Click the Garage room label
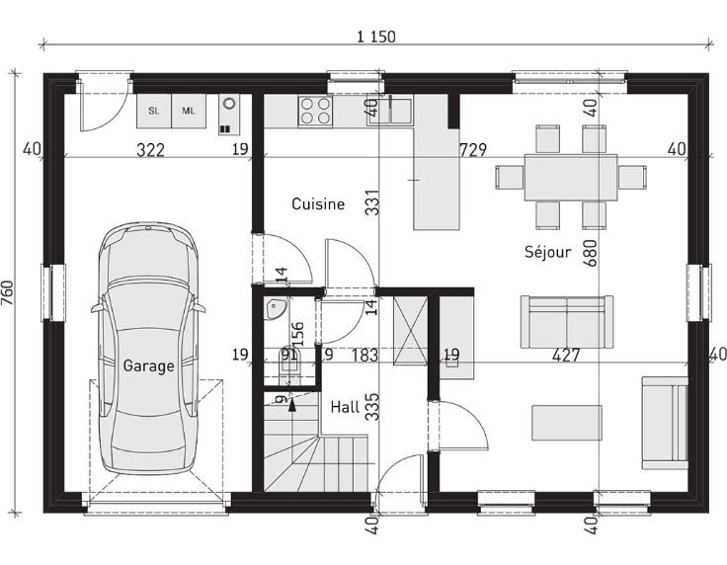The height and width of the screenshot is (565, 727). point(148,366)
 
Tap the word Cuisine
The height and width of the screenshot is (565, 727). point(318,203)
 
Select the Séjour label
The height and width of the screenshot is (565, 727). point(547,252)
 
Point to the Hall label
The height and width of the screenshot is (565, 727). point(345,407)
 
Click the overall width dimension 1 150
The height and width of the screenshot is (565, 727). point(376,37)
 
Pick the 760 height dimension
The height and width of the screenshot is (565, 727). point(8,293)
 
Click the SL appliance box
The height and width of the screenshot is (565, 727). point(154,112)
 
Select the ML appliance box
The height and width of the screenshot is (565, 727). point(189,112)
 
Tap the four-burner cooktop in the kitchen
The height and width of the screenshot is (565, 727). point(315,111)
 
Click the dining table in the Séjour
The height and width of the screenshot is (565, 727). point(571,177)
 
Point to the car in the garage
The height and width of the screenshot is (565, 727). point(148,348)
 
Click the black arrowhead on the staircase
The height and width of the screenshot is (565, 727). point(291,406)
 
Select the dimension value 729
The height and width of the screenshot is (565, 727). point(473,150)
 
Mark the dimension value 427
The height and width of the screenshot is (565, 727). point(566,356)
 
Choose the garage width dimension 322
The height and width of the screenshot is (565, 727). point(151,150)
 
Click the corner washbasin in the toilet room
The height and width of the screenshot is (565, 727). point(277,309)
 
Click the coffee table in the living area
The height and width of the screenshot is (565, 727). point(567,423)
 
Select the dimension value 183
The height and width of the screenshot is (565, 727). point(365,356)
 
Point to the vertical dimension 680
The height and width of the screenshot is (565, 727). point(591,253)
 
